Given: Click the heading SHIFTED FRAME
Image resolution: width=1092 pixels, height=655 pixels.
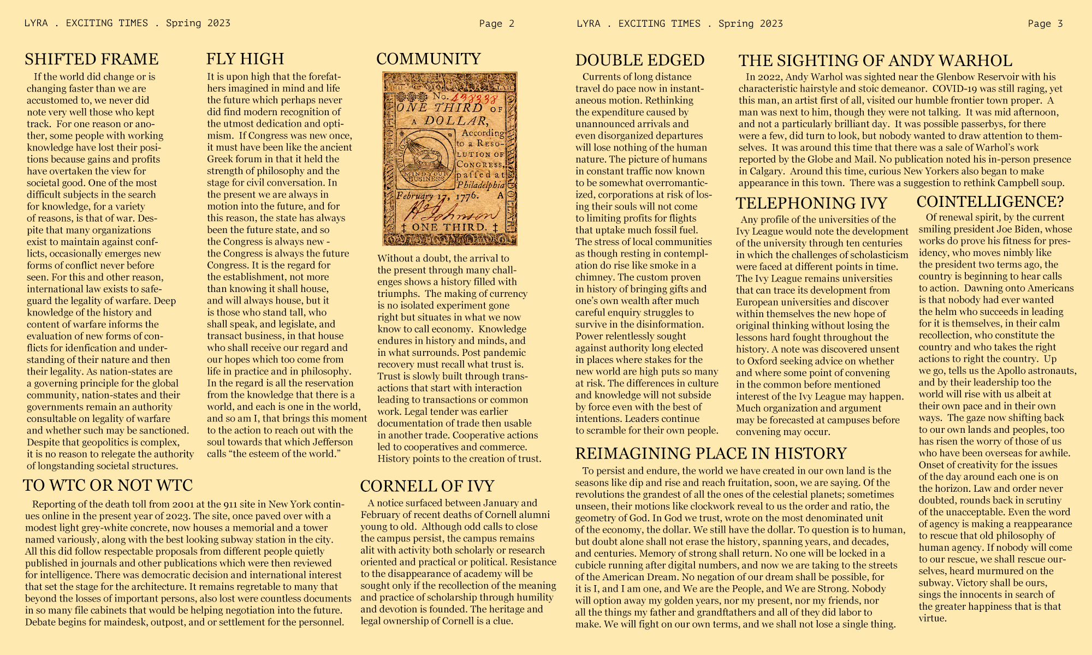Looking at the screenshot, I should click(x=91, y=59).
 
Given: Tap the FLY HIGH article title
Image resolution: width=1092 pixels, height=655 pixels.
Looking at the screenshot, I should click(x=245, y=59).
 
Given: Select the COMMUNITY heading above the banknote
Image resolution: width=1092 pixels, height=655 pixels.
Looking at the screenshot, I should click(x=429, y=59).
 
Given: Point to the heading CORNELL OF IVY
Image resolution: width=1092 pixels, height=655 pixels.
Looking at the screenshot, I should click(x=427, y=486).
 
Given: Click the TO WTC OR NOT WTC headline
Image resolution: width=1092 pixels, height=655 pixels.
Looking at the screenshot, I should click(x=108, y=485).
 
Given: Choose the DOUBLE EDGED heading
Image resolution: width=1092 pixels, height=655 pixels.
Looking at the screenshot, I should click(x=640, y=60).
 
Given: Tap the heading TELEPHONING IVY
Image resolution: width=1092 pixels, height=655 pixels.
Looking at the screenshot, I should click(x=811, y=203).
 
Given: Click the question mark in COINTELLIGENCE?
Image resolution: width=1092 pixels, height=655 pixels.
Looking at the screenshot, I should click(x=1059, y=202).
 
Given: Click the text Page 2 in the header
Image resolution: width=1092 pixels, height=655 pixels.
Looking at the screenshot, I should click(x=496, y=23).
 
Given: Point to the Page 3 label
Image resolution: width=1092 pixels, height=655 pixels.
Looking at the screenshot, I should click(x=1045, y=23).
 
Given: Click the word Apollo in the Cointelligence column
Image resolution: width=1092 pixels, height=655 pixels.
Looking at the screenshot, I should click(x=1014, y=371).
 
